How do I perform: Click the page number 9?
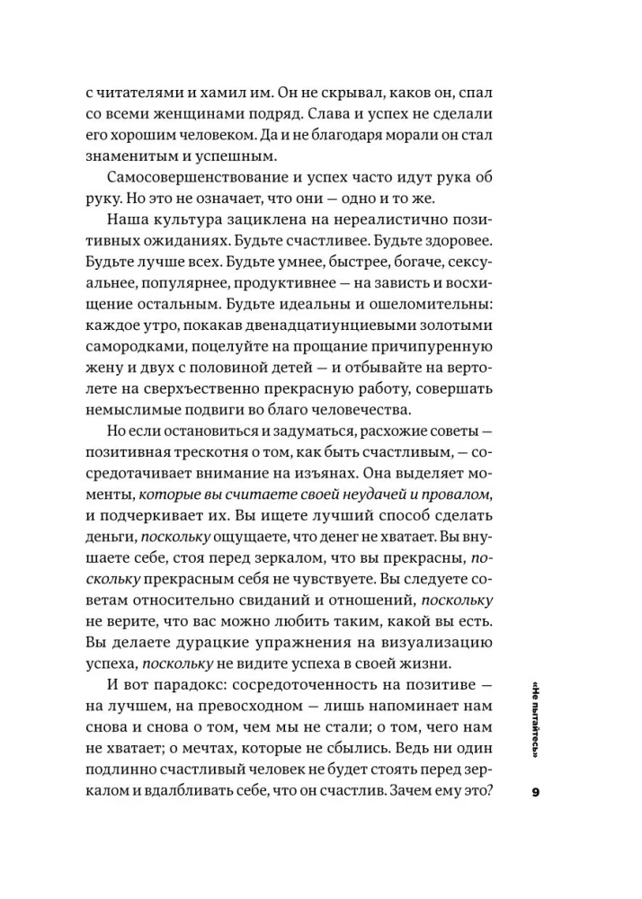(x=535, y=792)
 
